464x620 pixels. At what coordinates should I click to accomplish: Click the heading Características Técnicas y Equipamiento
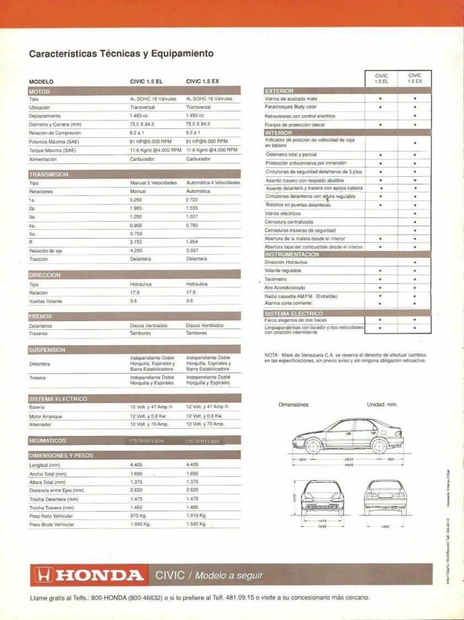[121, 54]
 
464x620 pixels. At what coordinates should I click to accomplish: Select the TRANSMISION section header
[49, 175]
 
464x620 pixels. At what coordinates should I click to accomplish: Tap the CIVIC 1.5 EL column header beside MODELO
[146, 81]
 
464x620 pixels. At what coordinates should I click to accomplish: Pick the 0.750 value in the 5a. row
[135, 234]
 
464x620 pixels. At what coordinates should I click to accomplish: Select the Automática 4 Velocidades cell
[213, 182]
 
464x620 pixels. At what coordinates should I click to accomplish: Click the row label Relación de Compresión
[55, 133]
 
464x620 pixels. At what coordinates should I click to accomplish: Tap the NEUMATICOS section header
[48, 440]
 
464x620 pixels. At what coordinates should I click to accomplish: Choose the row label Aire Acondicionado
[284, 288]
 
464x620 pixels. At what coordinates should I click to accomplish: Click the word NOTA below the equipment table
[271, 354]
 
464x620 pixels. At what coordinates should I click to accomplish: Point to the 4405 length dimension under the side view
[349, 465]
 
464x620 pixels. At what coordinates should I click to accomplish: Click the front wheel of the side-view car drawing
[313, 445]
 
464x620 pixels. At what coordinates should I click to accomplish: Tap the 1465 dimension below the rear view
[385, 526]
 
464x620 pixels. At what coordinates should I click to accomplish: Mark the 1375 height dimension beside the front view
[294, 497]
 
